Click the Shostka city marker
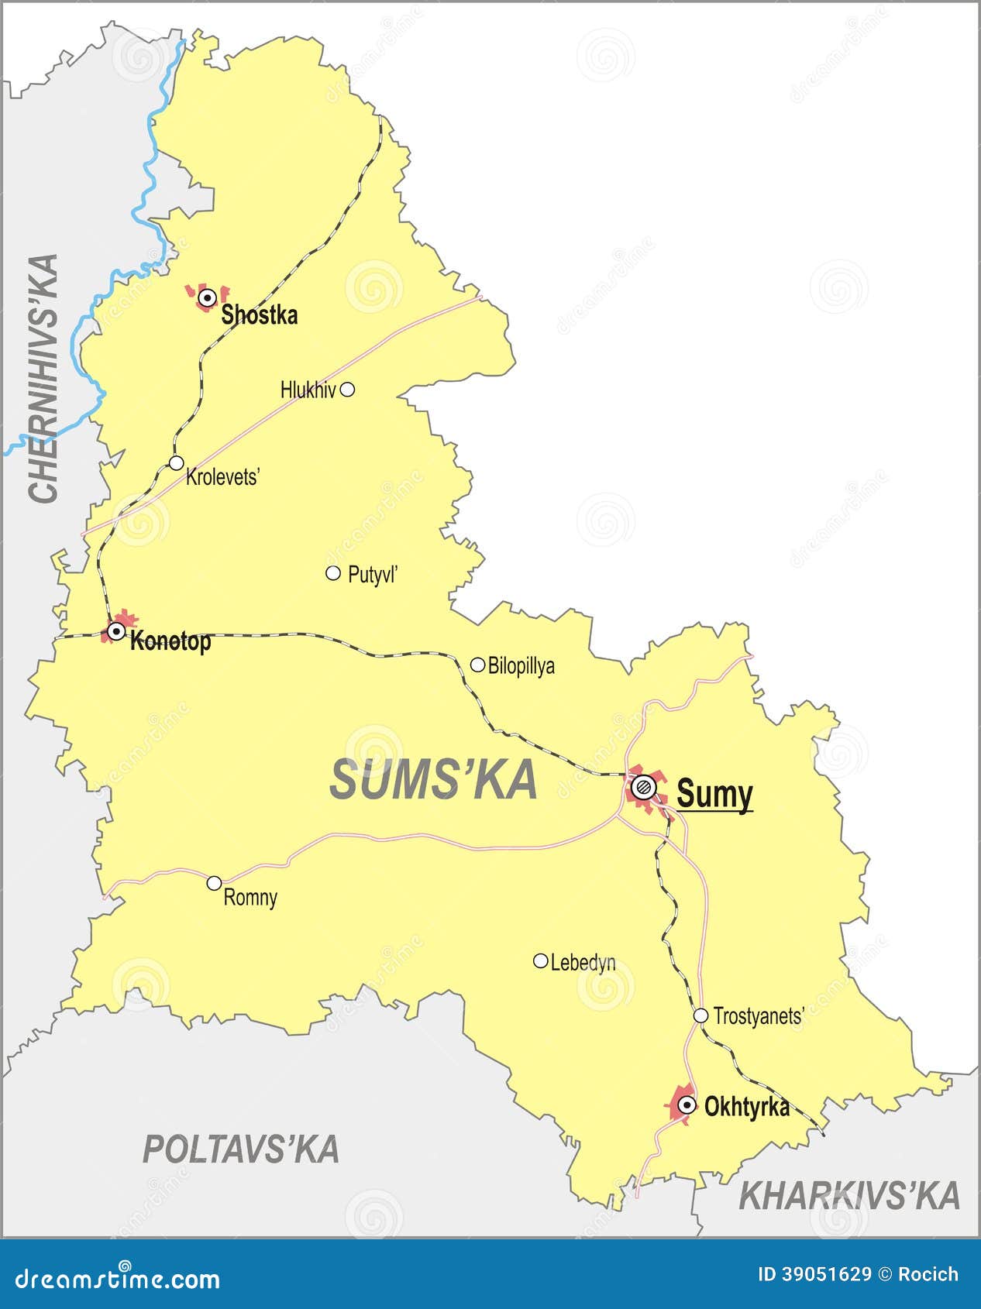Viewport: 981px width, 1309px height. (207, 297)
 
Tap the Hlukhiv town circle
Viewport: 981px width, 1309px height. (348, 390)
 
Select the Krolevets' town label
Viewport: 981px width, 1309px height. (222, 477)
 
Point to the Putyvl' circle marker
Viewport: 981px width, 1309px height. (333, 573)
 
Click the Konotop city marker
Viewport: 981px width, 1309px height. (116, 632)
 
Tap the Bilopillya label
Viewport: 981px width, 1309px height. (521, 666)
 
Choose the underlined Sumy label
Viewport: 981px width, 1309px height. (714, 794)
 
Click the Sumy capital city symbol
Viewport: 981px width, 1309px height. (643, 788)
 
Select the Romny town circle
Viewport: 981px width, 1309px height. (215, 883)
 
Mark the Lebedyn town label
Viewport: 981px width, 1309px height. (583, 963)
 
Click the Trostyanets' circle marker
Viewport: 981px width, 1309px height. (700, 1015)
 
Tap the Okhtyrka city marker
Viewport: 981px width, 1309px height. (687, 1105)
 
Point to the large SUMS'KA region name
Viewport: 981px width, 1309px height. (433, 780)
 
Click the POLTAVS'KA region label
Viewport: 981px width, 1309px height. (241, 1149)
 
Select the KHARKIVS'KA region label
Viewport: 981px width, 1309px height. (849, 1197)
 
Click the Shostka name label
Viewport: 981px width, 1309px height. (259, 315)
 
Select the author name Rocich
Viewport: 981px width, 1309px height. (928, 1274)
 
